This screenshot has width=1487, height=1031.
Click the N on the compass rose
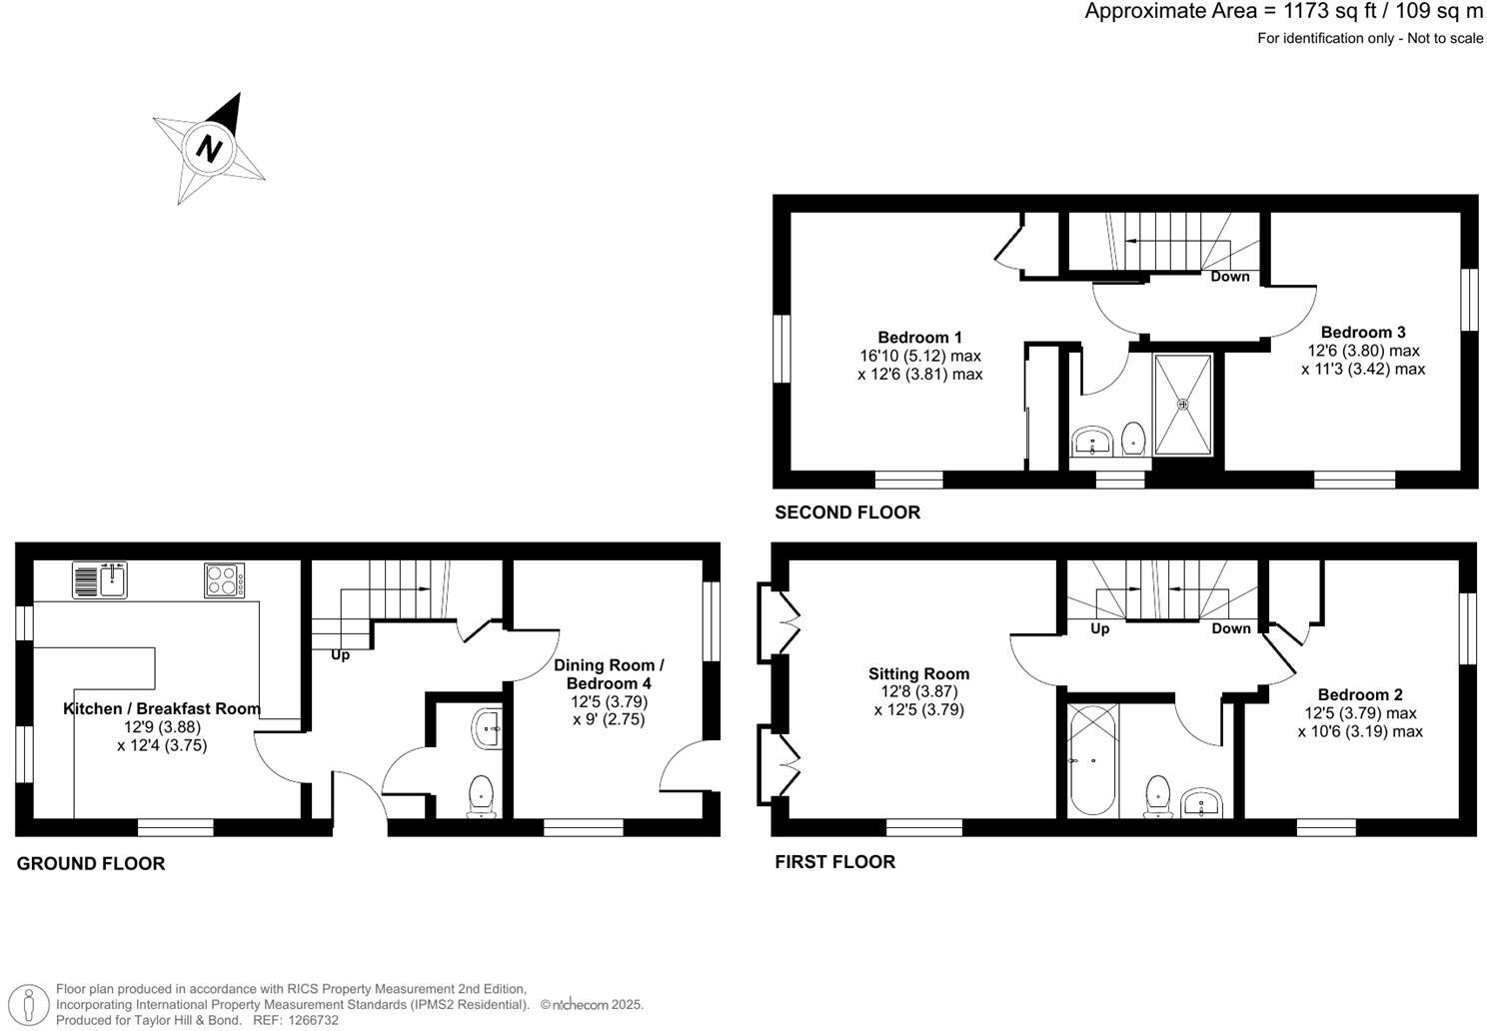pos(209,149)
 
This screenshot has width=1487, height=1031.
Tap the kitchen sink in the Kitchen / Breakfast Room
pos(99,579)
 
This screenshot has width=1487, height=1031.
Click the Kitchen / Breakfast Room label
pos(162,708)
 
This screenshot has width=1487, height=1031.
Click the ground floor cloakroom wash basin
pos(488,728)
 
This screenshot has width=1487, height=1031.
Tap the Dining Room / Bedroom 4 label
pos(609,674)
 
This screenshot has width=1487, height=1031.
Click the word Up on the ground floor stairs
pos(340,655)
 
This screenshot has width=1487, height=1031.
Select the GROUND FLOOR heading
pos(91,863)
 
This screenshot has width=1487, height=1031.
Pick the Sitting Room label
pos(918,673)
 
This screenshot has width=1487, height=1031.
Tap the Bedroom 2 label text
pos(1360,694)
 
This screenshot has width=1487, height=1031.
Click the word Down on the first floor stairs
pos(1231,628)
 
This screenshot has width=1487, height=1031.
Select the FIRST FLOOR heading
pos(835,861)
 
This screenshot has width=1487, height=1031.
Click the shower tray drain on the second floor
pos(1183,405)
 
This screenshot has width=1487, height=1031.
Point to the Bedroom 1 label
pos(919,337)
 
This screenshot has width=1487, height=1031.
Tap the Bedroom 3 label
pos(1363,332)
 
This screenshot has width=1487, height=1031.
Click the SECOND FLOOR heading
pos(847,513)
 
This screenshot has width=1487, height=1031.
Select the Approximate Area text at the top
pos(1284,12)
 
